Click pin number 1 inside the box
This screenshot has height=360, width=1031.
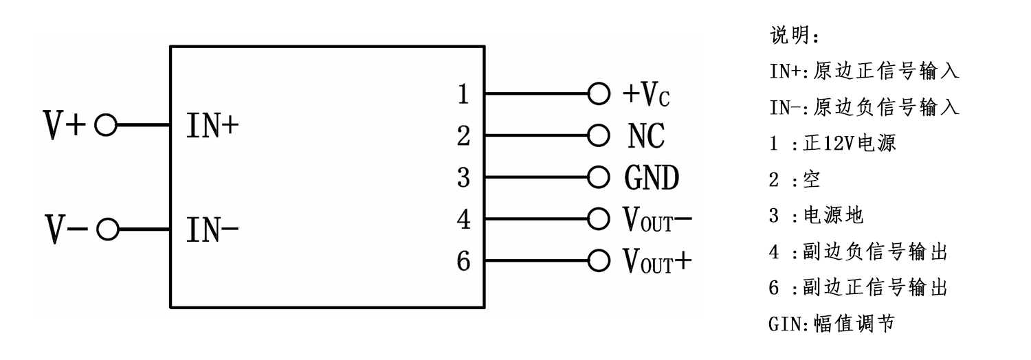463,94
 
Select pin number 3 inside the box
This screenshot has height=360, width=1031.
463,178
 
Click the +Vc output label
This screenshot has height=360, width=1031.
645,94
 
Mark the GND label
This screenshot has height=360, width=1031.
652,178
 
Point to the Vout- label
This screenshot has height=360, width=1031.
657,220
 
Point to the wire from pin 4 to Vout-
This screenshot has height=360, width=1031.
536,220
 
